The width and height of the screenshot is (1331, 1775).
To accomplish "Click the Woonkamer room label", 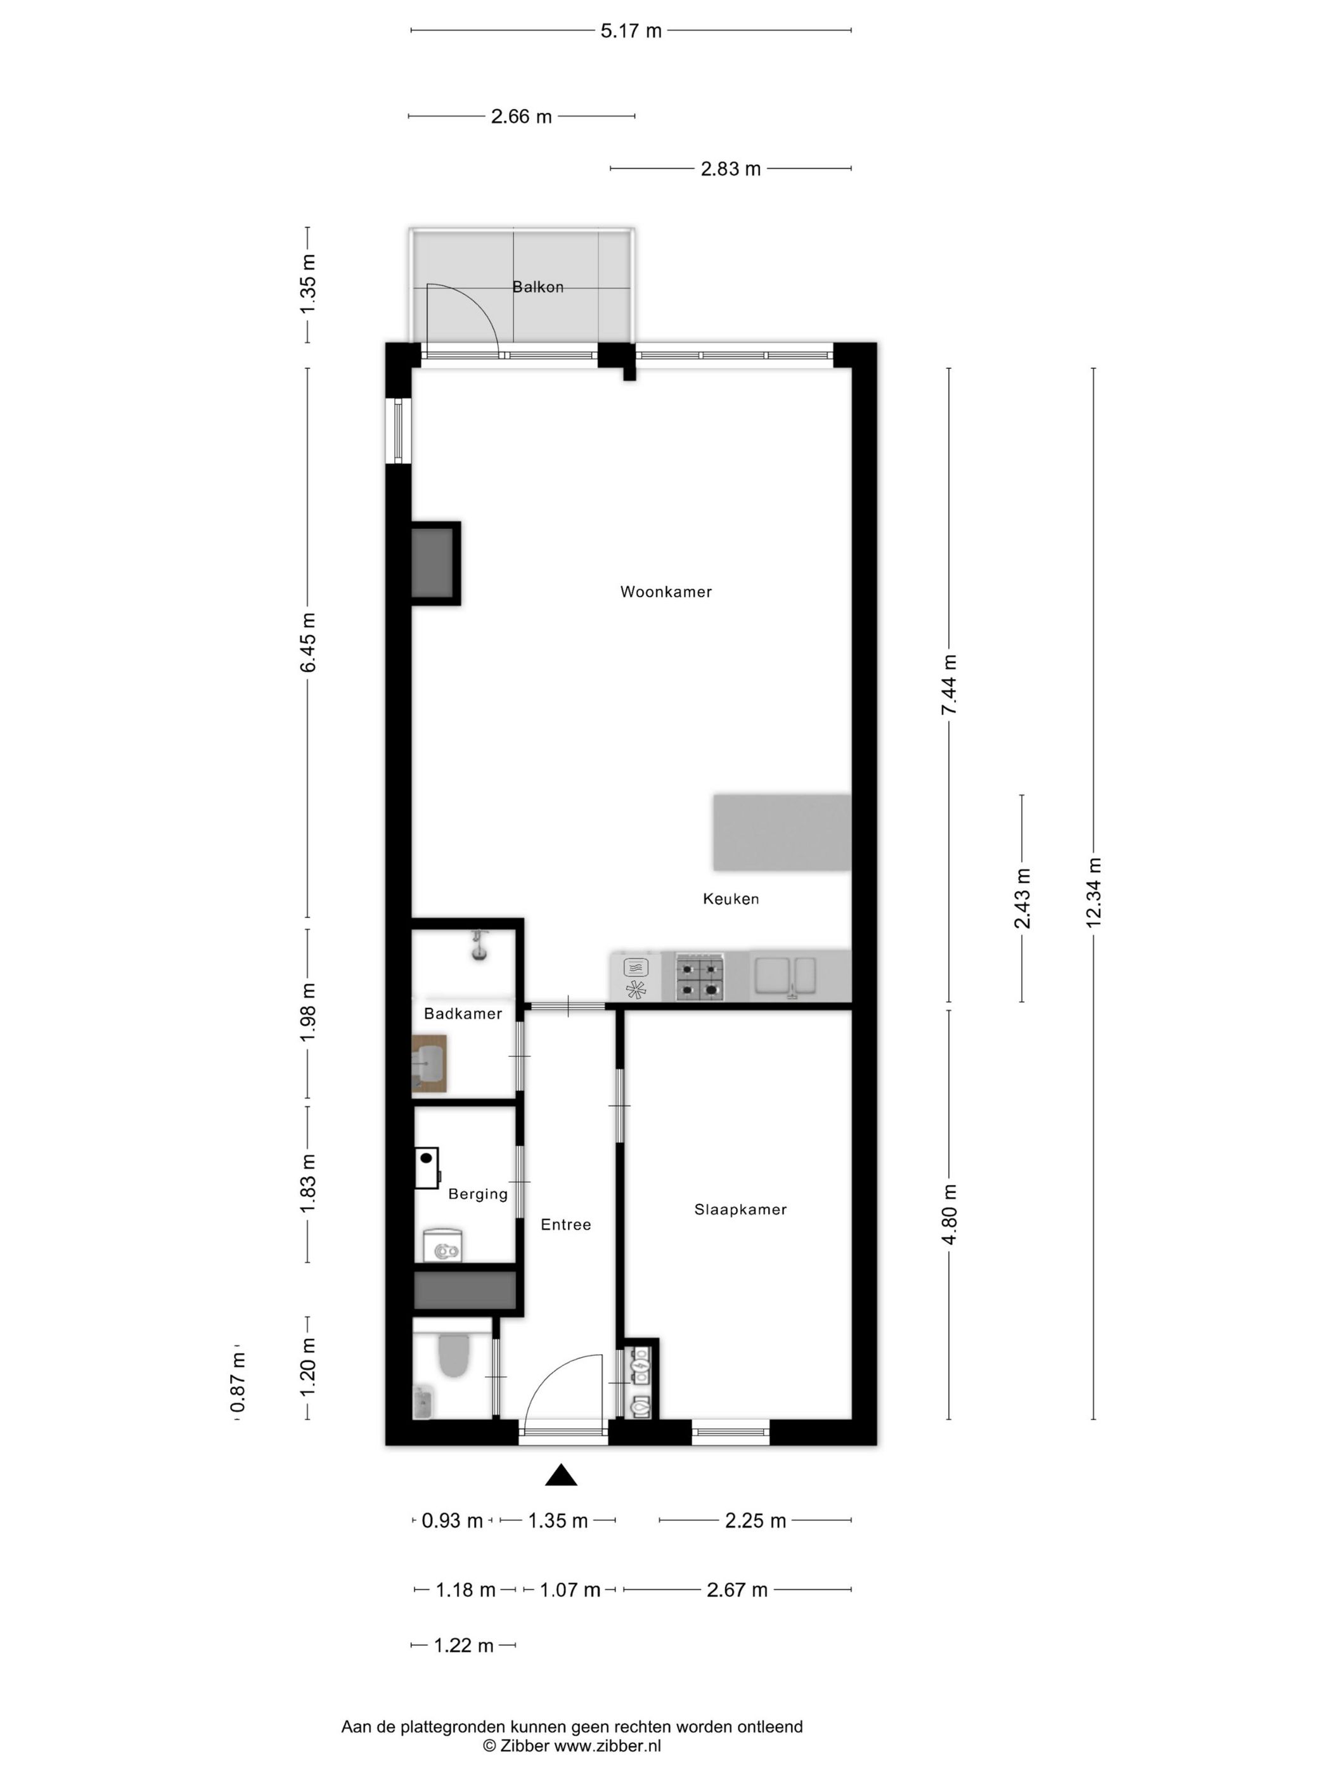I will [x=665, y=591].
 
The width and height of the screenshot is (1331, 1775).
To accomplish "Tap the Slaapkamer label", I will [x=740, y=1210].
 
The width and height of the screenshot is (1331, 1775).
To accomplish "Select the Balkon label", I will [x=537, y=287].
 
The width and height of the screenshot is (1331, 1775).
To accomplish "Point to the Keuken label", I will [x=730, y=899].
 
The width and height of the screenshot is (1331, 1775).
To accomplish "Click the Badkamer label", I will [x=463, y=1014].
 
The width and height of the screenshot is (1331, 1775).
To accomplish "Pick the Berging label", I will [x=477, y=1194].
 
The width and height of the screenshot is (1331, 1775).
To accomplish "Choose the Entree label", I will [x=565, y=1225].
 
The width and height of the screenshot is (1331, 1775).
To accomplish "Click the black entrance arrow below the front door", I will [x=561, y=1475].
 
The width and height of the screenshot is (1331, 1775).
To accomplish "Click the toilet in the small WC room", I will [x=453, y=1355].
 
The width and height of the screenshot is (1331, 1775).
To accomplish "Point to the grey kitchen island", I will [x=781, y=832].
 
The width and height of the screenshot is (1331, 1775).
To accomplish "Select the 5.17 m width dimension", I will [x=631, y=31].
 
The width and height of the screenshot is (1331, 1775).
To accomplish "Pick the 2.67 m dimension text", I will [x=736, y=1590].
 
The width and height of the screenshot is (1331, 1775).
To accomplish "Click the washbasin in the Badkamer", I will [x=428, y=1064].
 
